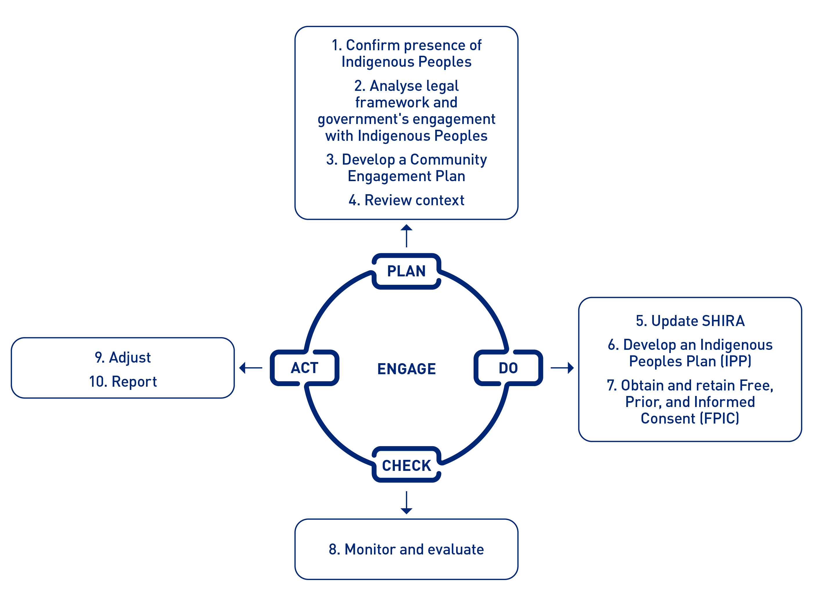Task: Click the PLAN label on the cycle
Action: tap(406, 271)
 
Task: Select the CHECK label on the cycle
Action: tap(406, 465)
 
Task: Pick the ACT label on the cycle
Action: tap(304, 368)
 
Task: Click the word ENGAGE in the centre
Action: tap(406, 369)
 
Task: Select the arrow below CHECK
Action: tap(406, 503)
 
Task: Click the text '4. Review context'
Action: tap(406, 200)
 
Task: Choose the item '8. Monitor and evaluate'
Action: tap(406, 549)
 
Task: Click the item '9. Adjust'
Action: tap(123, 357)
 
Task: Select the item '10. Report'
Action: tap(123, 381)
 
